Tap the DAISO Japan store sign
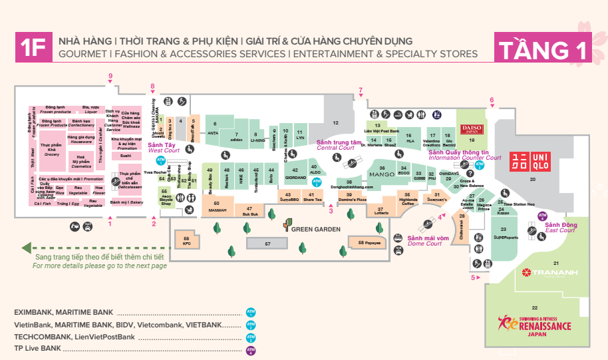coord(472,128)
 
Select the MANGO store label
coord(382,174)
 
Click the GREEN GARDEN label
coord(315,229)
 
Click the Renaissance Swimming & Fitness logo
coord(535,324)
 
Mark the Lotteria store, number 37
coord(380,212)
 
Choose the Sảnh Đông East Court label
coord(560,228)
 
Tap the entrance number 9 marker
coord(110,76)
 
